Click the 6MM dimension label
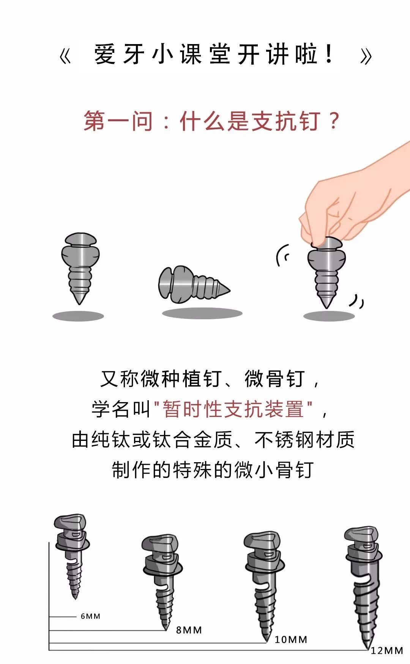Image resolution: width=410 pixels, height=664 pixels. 90,616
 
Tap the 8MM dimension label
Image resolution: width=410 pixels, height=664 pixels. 189,630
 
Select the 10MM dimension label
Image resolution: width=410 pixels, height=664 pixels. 291,640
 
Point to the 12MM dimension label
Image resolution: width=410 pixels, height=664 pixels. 387,651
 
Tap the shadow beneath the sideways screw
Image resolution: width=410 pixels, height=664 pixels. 202,313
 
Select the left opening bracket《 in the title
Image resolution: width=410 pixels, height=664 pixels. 65,57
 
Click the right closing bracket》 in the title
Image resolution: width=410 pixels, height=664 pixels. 366,57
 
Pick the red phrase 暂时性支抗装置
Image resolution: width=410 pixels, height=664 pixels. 233,409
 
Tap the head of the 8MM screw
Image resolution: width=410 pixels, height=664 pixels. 159,545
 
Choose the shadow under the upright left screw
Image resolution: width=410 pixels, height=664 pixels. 78,316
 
